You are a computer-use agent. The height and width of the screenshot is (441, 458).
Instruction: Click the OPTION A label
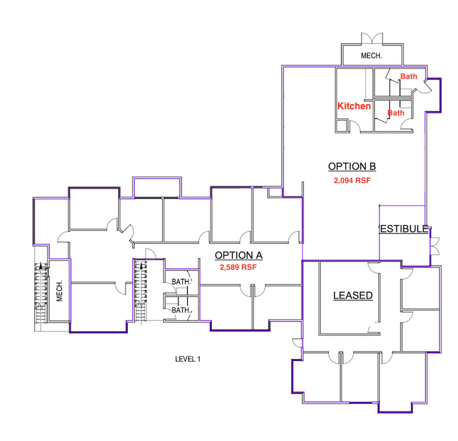click(x=239, y=255)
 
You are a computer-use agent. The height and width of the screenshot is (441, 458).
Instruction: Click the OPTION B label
click(x=352, y=166)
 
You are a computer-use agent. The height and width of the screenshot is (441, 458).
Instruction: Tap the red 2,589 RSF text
click(x=238, y=267)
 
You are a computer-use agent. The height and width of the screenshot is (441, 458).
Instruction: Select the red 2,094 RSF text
click(x=352, y=180)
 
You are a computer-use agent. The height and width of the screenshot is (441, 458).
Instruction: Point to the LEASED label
click(x=353, y=295)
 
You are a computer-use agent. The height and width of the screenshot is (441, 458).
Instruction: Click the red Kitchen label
click(x=354, y=106)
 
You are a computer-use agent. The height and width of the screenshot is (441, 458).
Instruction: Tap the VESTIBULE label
click(x=404, y=229)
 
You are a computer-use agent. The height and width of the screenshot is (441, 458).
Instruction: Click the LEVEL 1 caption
click(x=188, y=359)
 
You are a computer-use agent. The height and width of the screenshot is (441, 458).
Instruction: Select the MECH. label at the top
click(x=371, y=56)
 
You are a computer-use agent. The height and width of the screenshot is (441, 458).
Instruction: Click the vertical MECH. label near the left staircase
click(x=60, y=291)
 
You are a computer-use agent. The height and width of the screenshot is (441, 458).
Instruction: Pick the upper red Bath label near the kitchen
click(x=408, y=76)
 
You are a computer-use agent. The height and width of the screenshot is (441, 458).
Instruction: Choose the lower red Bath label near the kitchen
click(x=396, y=113)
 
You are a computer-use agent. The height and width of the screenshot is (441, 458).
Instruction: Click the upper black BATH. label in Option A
click(x=181, y=281)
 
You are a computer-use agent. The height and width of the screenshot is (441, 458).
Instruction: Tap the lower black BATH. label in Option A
click(x=181, y=310)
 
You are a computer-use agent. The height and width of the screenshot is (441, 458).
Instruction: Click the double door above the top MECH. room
click(x=372, y=38)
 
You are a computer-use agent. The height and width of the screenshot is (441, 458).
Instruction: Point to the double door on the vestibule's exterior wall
click(x=434, y=246)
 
